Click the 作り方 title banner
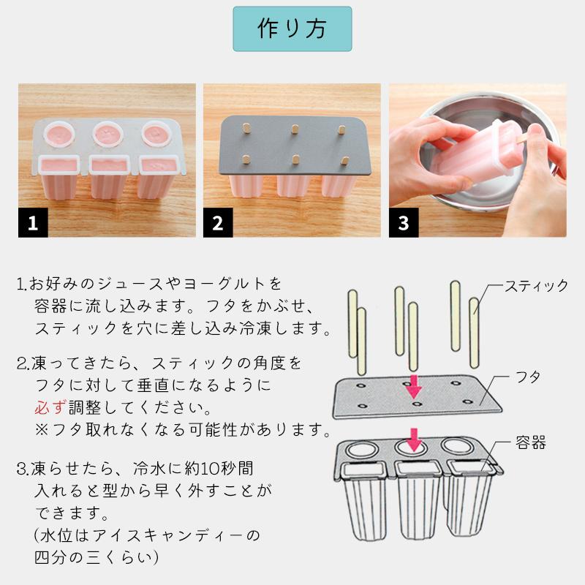(292, 29)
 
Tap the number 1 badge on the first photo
(33, 223)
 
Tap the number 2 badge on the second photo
(218, 223)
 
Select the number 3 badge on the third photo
(404, 223)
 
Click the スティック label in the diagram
(536, 286)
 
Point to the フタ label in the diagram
(527, 377)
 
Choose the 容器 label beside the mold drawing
(531, 442)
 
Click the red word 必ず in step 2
(50, 407)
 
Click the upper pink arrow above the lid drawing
(413, 387)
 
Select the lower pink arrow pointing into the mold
(413, 440)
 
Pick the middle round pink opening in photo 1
(107, 134)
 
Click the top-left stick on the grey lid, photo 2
(246, 128)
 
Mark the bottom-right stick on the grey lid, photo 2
(344, 161)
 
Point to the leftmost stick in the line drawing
(352, 324)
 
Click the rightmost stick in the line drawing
(474, 333)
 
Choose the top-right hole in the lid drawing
(455, 383)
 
